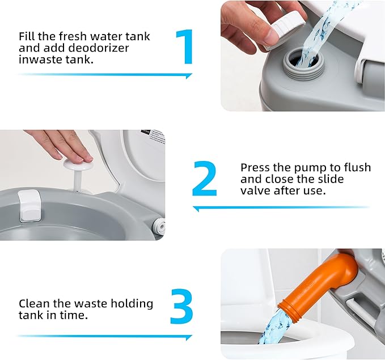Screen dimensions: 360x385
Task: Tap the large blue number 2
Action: point(204,180)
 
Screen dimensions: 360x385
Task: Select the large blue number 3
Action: point(182,307)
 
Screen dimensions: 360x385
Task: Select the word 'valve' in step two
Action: point(256,191)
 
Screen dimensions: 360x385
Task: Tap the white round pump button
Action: point(77,163)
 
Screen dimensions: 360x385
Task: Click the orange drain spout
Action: point(320,289)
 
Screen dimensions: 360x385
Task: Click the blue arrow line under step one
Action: point(105,75)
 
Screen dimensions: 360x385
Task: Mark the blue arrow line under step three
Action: point(105,337)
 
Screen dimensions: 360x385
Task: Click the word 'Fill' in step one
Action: point(28,36)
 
